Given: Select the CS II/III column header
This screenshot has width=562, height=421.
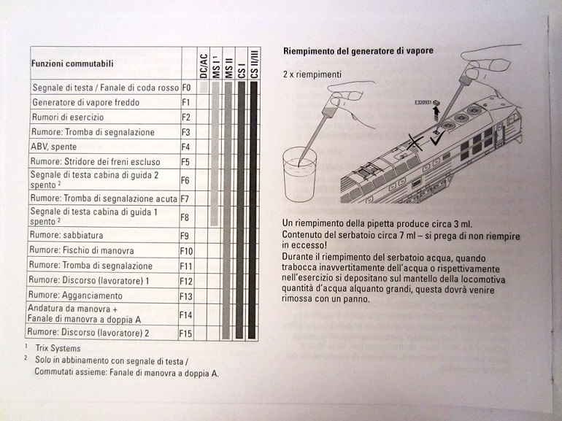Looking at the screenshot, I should click(x=253, y=63).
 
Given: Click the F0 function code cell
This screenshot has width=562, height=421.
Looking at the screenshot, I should click(x=185, y=88).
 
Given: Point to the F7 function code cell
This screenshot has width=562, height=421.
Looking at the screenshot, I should click(x=185, y=198).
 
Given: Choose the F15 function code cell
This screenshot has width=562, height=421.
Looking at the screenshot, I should click(x=185, y=333).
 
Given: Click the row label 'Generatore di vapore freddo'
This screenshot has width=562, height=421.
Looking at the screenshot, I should click(x=86, y=102).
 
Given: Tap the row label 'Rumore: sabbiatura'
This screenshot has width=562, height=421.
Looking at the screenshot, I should click(x=66, y=236).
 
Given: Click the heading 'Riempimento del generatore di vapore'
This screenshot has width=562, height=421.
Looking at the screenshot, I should click(x=358, y=50).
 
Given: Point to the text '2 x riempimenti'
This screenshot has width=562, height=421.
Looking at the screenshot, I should click(x=312, y=74).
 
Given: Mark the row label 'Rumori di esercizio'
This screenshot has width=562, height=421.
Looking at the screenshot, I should click(x=68, y=117).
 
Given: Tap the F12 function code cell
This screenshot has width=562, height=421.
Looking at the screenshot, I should click(x=185, y=281).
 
